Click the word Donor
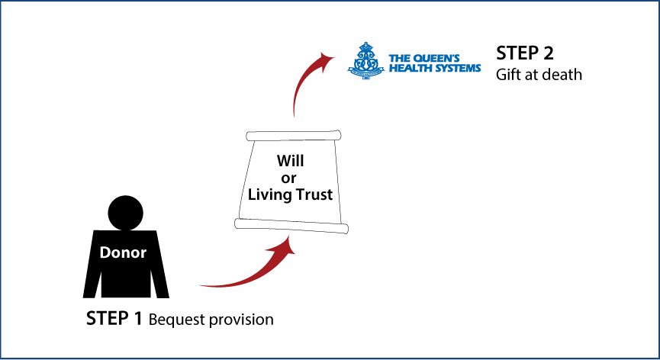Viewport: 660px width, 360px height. pyautogui.click(x=123, y=253)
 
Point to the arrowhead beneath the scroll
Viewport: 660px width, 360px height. pyautogui.click(x=286, y=248)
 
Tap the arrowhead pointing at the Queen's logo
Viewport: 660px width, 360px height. pyautogui.click(x=326, y=58)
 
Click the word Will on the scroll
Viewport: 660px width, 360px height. pyautogui.click(x=290, y=161)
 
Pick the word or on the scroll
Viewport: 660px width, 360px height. pyautogui.click(x=289, y=178)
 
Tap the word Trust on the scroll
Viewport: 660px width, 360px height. pyautogui.click(x=313, y=194)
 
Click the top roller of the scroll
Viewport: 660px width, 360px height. pyautogui.click(x=293, y=136)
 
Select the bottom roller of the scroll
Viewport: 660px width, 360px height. pyautogui.click(x=291, y=226)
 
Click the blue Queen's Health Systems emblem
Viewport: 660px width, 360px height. pyautogui.click(x=365, y=61)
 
